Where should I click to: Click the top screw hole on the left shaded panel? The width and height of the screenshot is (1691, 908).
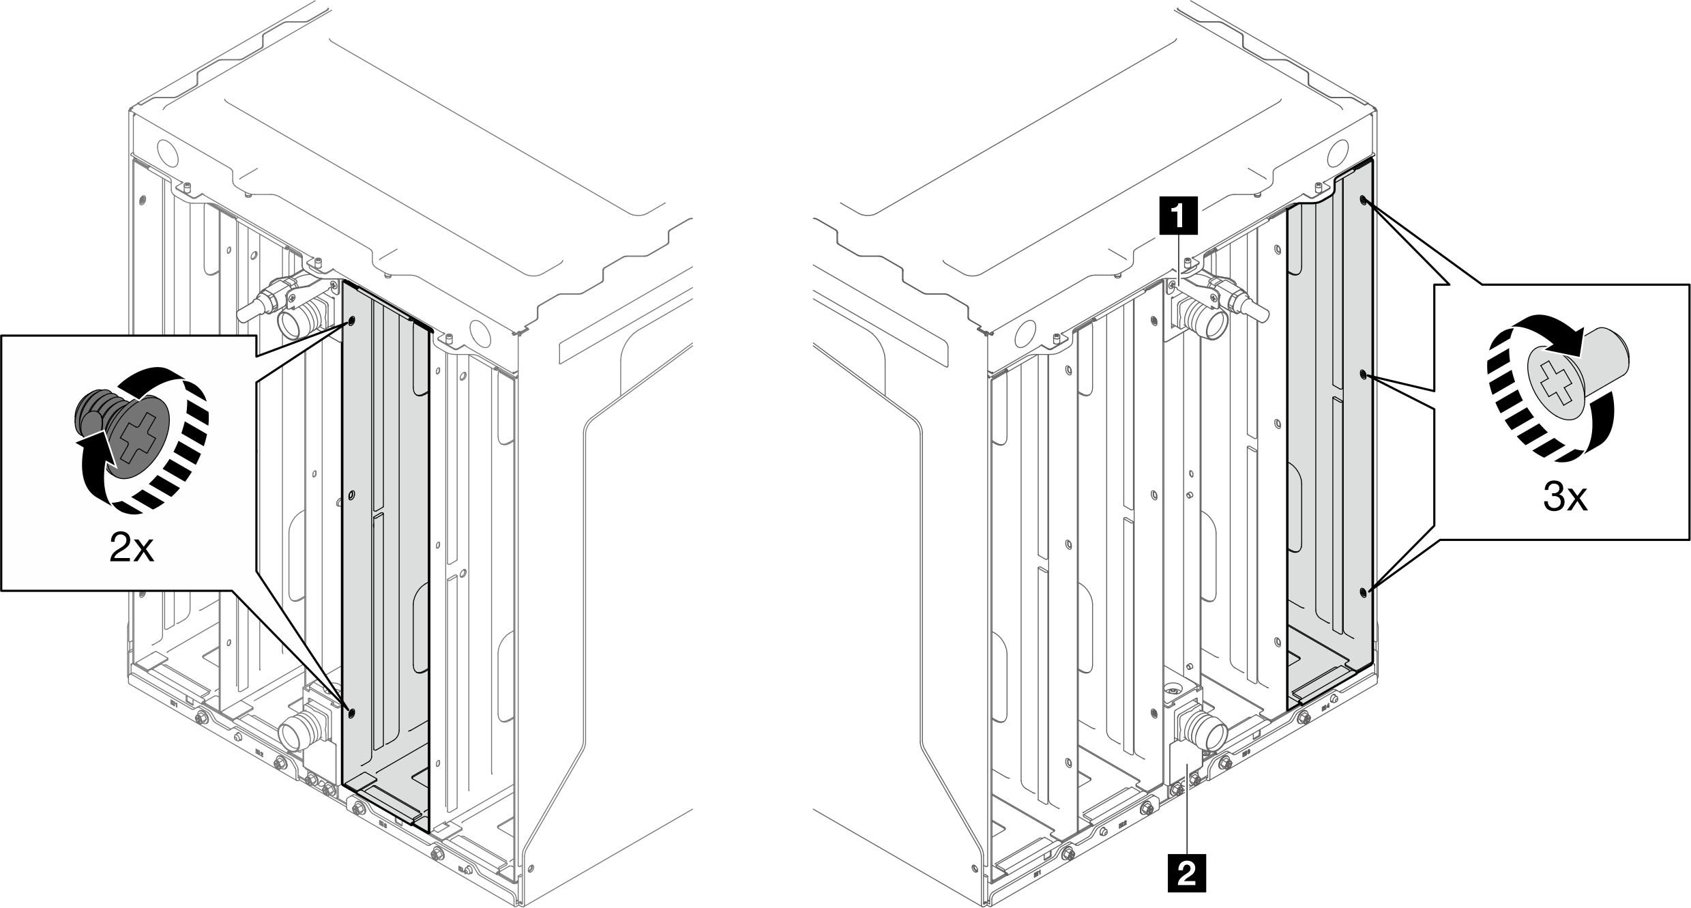coord(352,321)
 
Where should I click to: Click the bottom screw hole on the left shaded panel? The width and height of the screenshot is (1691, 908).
coord(352,714)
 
